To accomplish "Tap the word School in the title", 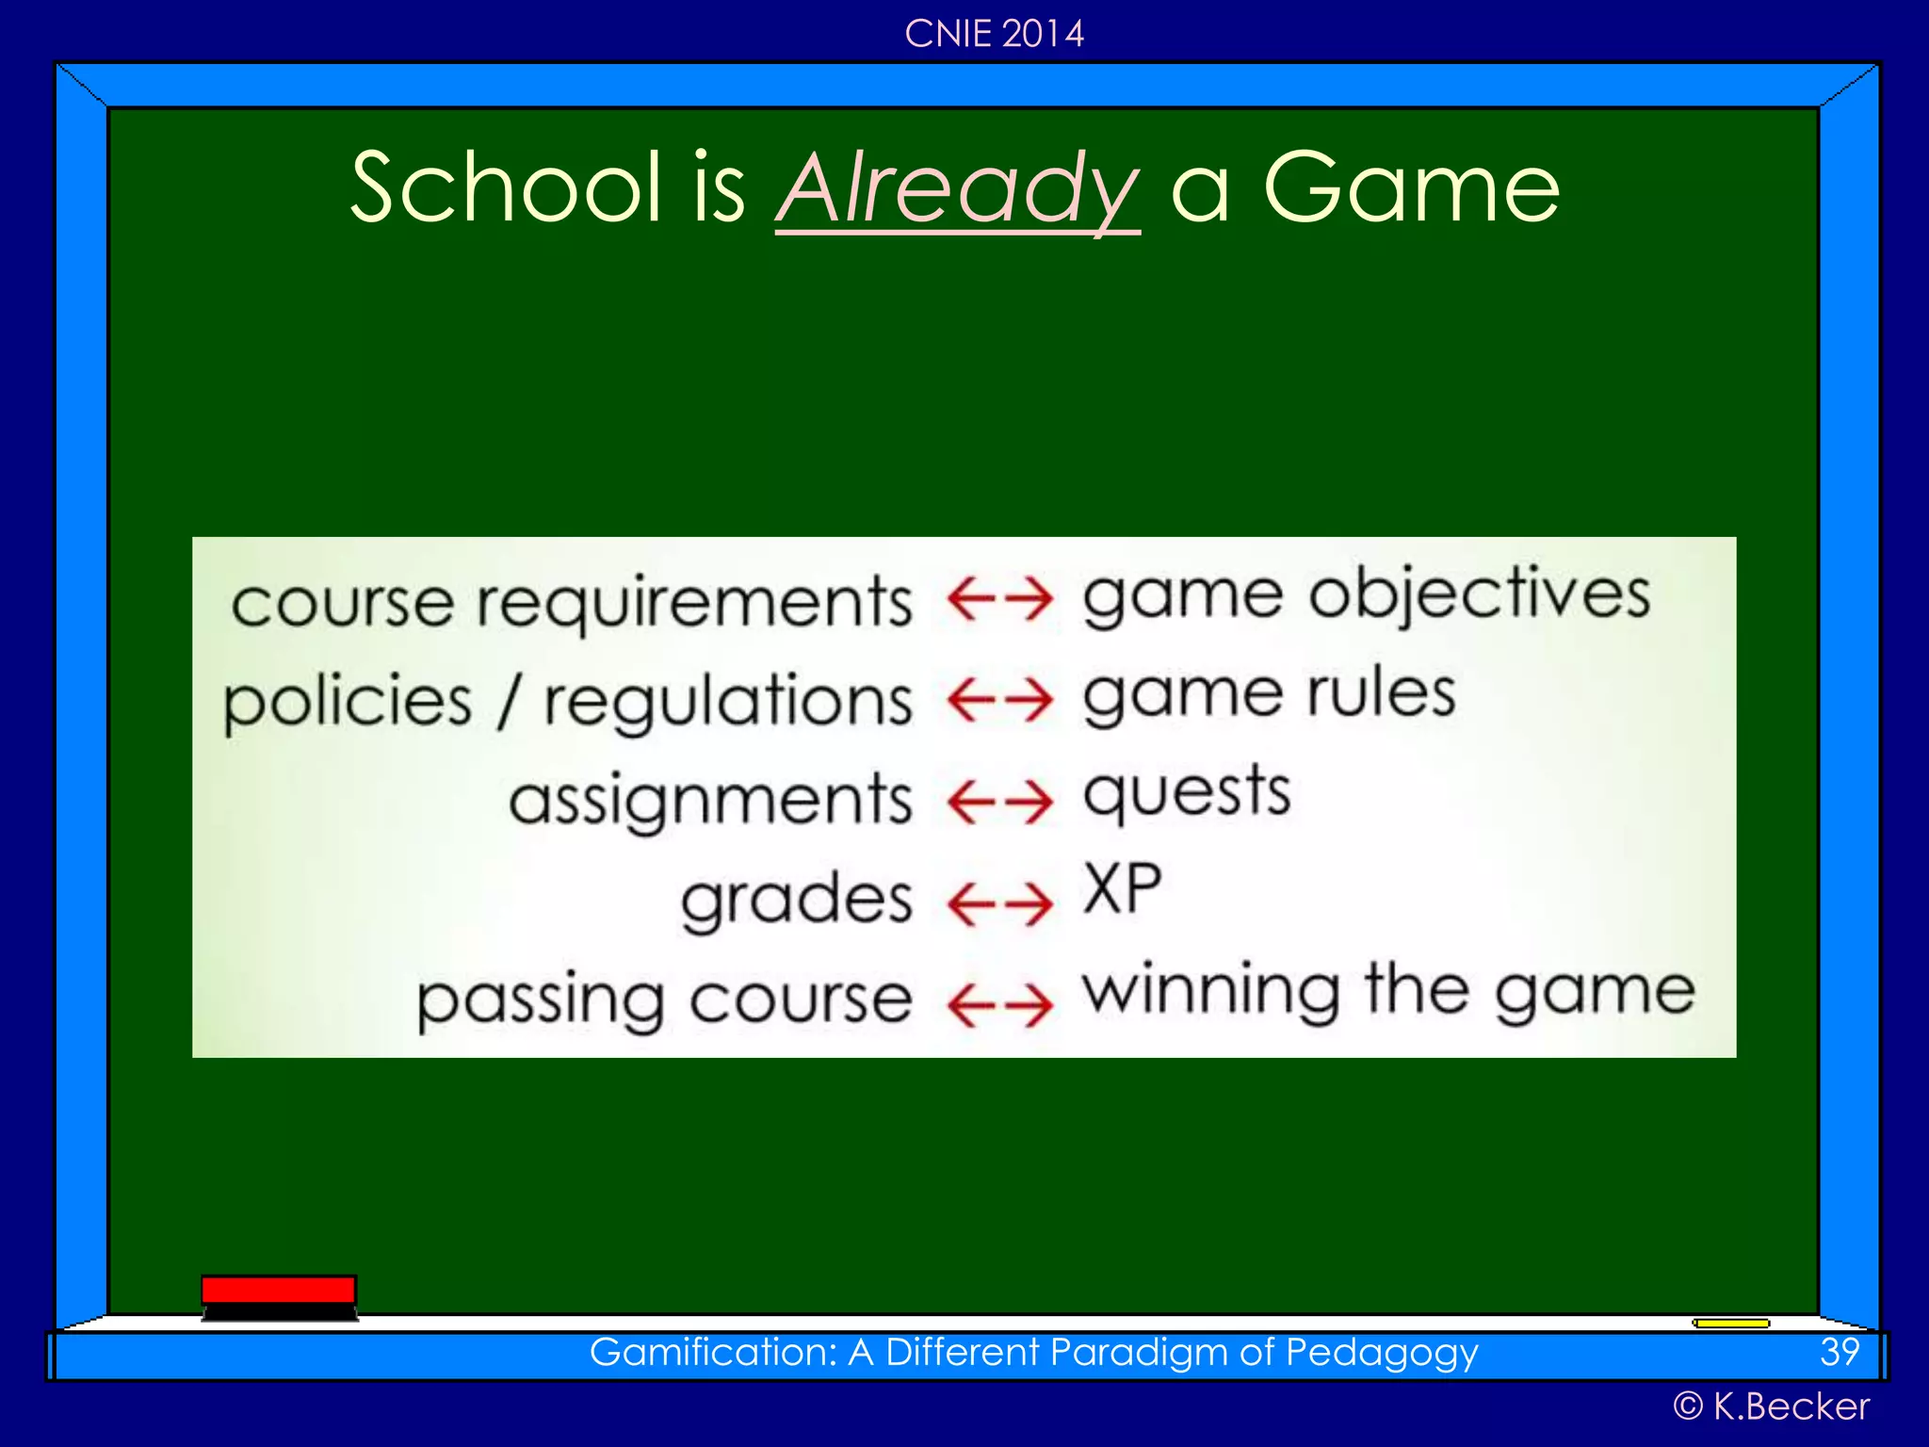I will click(x=507, y=188).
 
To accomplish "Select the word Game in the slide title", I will click(x=1410, y=188).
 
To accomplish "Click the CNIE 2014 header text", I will click(x=994, y=34).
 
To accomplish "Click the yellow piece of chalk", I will click(x=1730, y=1324).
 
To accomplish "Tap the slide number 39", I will click(x=1839, y=1353).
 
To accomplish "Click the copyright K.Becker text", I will click(x=1771, y=1406).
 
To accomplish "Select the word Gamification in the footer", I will click(x=711, y=1353).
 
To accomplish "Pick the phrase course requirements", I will click(x=571, y=603).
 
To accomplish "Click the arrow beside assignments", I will click(x=999, y=803).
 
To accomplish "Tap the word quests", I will click(x=1187, y=793).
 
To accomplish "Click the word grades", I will click(x=797, y=900).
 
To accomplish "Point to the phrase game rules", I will click(x=1269, y=695).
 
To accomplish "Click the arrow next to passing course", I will click(x=999, y=1004).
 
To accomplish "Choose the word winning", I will click(x=1210, y=991).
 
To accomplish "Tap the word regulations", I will click(x=728, y=703).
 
